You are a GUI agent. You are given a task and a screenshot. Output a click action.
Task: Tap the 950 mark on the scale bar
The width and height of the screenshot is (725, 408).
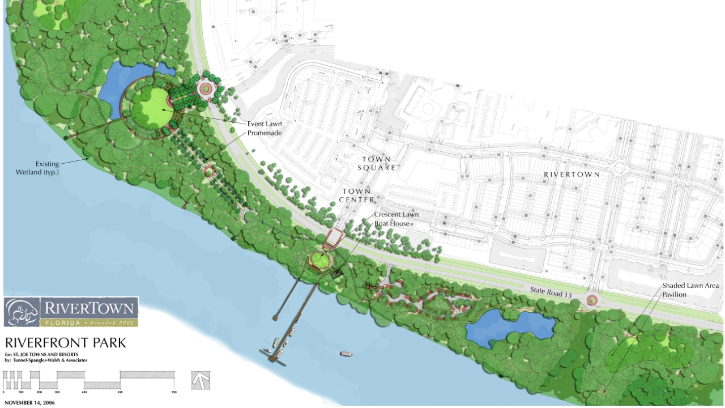[174, 392]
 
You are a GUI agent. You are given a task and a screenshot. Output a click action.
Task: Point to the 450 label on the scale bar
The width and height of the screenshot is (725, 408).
[84, 392]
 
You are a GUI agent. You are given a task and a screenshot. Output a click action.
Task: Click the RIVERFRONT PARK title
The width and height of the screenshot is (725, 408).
[65, 343]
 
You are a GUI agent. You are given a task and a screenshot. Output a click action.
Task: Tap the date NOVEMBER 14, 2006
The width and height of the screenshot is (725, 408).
[29, 403]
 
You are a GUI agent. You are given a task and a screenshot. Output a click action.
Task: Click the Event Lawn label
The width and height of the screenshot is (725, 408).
[265, 124]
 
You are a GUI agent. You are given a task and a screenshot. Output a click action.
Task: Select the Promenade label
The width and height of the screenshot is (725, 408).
[264, 133]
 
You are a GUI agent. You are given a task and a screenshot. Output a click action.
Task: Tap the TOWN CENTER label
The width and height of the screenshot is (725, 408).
[357, 195]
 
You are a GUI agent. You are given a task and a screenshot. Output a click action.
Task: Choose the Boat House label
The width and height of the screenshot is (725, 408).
[391, 223]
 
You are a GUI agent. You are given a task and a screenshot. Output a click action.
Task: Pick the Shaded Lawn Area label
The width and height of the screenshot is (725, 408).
[690, 286]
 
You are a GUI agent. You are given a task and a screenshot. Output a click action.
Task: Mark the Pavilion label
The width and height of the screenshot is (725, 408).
[674, 295]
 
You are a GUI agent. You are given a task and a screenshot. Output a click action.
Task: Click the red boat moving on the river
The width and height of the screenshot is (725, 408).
[346, 354]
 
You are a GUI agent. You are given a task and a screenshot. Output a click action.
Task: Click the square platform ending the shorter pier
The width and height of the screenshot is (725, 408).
[275, 318]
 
